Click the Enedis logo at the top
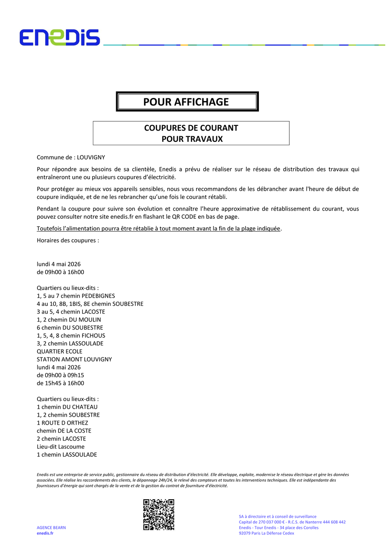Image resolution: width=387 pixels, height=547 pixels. click(59, 37)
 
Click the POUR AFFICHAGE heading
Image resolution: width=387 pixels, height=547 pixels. click(186, 102)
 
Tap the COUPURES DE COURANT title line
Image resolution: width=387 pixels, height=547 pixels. click(191, 128)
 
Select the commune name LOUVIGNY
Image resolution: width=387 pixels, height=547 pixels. click(91, 157)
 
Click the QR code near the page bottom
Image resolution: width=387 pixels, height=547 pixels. click(159, 514)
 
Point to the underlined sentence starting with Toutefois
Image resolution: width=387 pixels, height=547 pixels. click(159, 228)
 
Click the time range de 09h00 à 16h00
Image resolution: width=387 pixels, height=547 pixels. click(60, 272)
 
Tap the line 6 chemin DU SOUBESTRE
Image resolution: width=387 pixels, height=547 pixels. click(70, 327)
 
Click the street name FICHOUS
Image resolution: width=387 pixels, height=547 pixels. click(94, 336)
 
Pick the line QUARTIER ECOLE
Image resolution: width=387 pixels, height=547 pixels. click(59, 351)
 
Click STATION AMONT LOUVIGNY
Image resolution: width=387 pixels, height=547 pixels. click(74, 359)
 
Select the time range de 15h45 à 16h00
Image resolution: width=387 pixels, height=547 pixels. click(60, 383)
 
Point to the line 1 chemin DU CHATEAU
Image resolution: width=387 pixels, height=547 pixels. click(67, 407)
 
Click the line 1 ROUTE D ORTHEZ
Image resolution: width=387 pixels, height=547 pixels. click(62, 423)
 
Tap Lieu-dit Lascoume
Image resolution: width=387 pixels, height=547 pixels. click(61, 446)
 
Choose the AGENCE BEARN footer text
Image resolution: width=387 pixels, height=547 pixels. click(51, 528)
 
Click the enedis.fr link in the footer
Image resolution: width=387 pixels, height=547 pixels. click(45, 533)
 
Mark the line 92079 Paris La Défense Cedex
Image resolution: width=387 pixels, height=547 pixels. click(266, 533)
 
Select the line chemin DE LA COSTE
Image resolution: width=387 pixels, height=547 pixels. click(64, 431)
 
